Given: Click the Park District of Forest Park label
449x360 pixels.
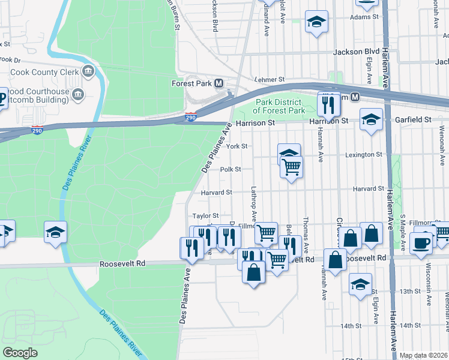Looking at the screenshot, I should click(x=279, y=106).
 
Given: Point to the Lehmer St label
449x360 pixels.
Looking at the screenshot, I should click(x=268, y=79).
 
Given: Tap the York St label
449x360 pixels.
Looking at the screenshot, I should click(x=238, y=146).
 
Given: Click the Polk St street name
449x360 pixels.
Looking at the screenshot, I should click(x=231, y=170).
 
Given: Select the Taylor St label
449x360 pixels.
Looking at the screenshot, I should click(x=205, y=215).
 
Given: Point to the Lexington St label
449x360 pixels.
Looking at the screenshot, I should click(x=364, y=154).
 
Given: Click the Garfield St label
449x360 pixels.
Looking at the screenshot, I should click(x=414, y=120).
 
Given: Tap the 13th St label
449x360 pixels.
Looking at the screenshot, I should click(x=411, y=291).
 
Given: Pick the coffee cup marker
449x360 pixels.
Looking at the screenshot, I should click(x=421, y=243).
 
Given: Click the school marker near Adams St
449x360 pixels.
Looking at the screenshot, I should click(x=316, y=22).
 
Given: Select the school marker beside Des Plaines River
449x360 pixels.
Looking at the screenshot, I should click(x=55, y=232).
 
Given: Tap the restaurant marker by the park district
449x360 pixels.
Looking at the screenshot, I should click(x=328, y=104).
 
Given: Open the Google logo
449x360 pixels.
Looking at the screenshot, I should click(x=20, y=352).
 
